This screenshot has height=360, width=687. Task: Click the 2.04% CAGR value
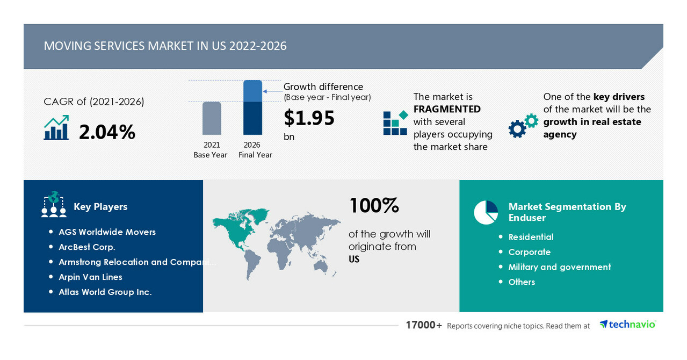(x=107, y=132)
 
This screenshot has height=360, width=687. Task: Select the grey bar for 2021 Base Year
(x=212, y=118)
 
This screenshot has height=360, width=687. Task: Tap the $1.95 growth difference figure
(x=309, y=118)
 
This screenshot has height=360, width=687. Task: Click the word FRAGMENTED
(x=447, y=109)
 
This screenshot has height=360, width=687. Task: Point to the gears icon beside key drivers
(x=523, y=126)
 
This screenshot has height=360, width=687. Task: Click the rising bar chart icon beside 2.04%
(x=56, y=127)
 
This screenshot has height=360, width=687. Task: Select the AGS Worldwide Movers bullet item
(x=107, y=232)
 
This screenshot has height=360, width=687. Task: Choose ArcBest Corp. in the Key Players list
(x=87, y=247)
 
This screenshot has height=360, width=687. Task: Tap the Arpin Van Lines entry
(x=90, y=277)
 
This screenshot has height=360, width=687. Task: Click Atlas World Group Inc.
(x=105, y=292)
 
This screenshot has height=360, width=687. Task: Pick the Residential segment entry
(x=531, y=237)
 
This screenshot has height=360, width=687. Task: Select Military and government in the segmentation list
(x=559, y=267)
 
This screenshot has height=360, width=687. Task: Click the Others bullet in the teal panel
(x=522, y=282)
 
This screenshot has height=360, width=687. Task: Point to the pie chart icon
(x=486, y=212)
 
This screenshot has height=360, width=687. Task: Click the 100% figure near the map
(x=374, y=205)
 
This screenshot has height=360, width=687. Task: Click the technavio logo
(x=627, y=325)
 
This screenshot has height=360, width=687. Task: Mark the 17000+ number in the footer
(x=424, y=325)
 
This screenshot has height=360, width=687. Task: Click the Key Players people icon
(x=54, y=204)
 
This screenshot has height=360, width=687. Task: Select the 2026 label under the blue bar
(x=252, y=145)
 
